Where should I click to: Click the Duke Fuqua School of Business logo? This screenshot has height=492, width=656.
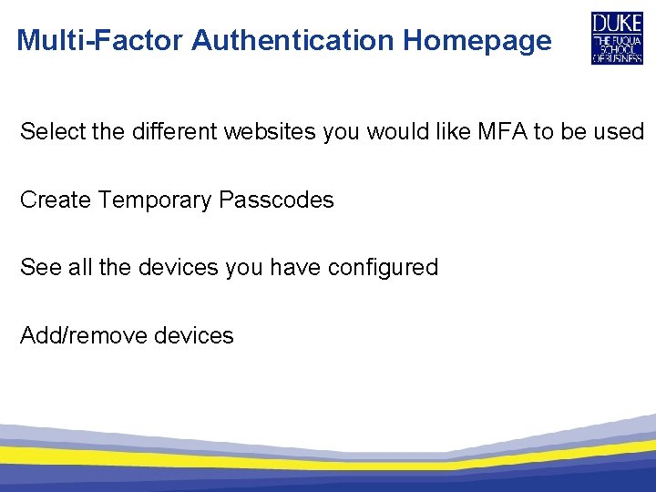[x=617, y=38]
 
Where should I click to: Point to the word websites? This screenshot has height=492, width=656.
[x=272, y=131]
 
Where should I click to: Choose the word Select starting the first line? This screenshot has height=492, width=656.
[x=52, y=131]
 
